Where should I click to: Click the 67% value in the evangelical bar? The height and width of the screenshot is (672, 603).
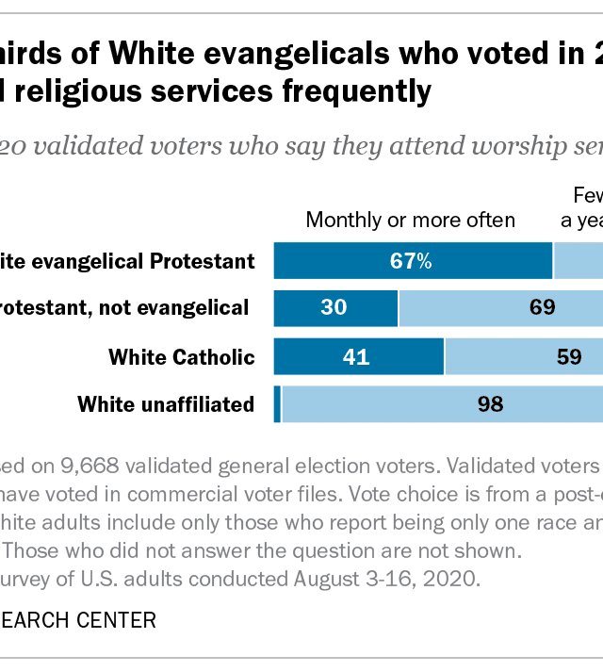pos(413,261)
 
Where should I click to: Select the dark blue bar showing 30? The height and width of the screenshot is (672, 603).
pos(335,307)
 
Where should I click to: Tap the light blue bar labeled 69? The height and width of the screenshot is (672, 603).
pos(500,307)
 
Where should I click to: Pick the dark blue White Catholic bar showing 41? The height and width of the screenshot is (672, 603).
pos(358,356)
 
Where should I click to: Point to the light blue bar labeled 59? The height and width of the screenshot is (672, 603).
pos(524,356)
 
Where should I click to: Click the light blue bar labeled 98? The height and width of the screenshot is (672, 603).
pos(442,405)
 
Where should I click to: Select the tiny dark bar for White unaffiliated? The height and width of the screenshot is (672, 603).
pos(277,405)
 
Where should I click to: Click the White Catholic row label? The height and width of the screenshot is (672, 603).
pos(182,357)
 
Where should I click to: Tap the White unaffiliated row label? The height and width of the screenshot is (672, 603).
pos(166,405)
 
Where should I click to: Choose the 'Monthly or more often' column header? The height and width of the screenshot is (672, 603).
pos(410,221)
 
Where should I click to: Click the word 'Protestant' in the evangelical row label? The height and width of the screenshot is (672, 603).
pos(199,261)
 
